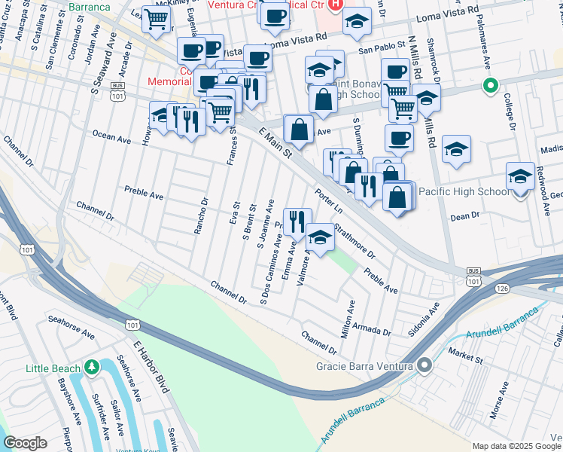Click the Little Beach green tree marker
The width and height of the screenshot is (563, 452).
click(92, 368)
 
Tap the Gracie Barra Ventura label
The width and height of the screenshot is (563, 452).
click(365, 366)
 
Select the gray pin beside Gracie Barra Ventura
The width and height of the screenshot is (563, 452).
click(425, 366)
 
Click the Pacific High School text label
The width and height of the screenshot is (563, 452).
click(464, 192)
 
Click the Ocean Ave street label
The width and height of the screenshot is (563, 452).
click(111, 137)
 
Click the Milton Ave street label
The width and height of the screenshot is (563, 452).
click(348, 319)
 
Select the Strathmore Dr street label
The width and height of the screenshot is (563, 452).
click(355, 240)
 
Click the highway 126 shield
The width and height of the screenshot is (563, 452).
click(502, 288)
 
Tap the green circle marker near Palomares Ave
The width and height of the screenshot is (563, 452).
click(490, 86)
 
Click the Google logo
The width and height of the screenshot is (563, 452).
click(26, 443)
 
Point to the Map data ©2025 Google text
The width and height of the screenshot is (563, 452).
click(516, 446)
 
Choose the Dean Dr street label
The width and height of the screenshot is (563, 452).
click(464, 216)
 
